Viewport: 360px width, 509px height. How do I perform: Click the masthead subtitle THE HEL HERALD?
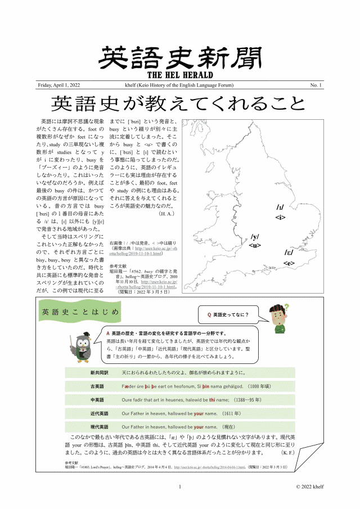click(179, 74)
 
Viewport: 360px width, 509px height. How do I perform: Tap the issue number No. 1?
click(316, 85)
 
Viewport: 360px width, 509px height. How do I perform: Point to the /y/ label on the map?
click(255, 237)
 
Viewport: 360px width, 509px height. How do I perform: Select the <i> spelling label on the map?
click(281, 217)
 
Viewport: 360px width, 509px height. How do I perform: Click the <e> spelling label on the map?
click(289, 263)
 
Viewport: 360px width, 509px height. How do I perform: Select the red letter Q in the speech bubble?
click(210, 314)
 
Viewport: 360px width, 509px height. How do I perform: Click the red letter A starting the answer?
click(108, 333)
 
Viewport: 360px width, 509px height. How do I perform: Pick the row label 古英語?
click(97, 386)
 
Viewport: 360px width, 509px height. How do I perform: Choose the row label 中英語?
click(97, 400)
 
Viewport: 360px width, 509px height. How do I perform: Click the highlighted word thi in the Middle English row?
click(213, 400)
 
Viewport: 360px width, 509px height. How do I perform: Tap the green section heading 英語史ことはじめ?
click(80, 312)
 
